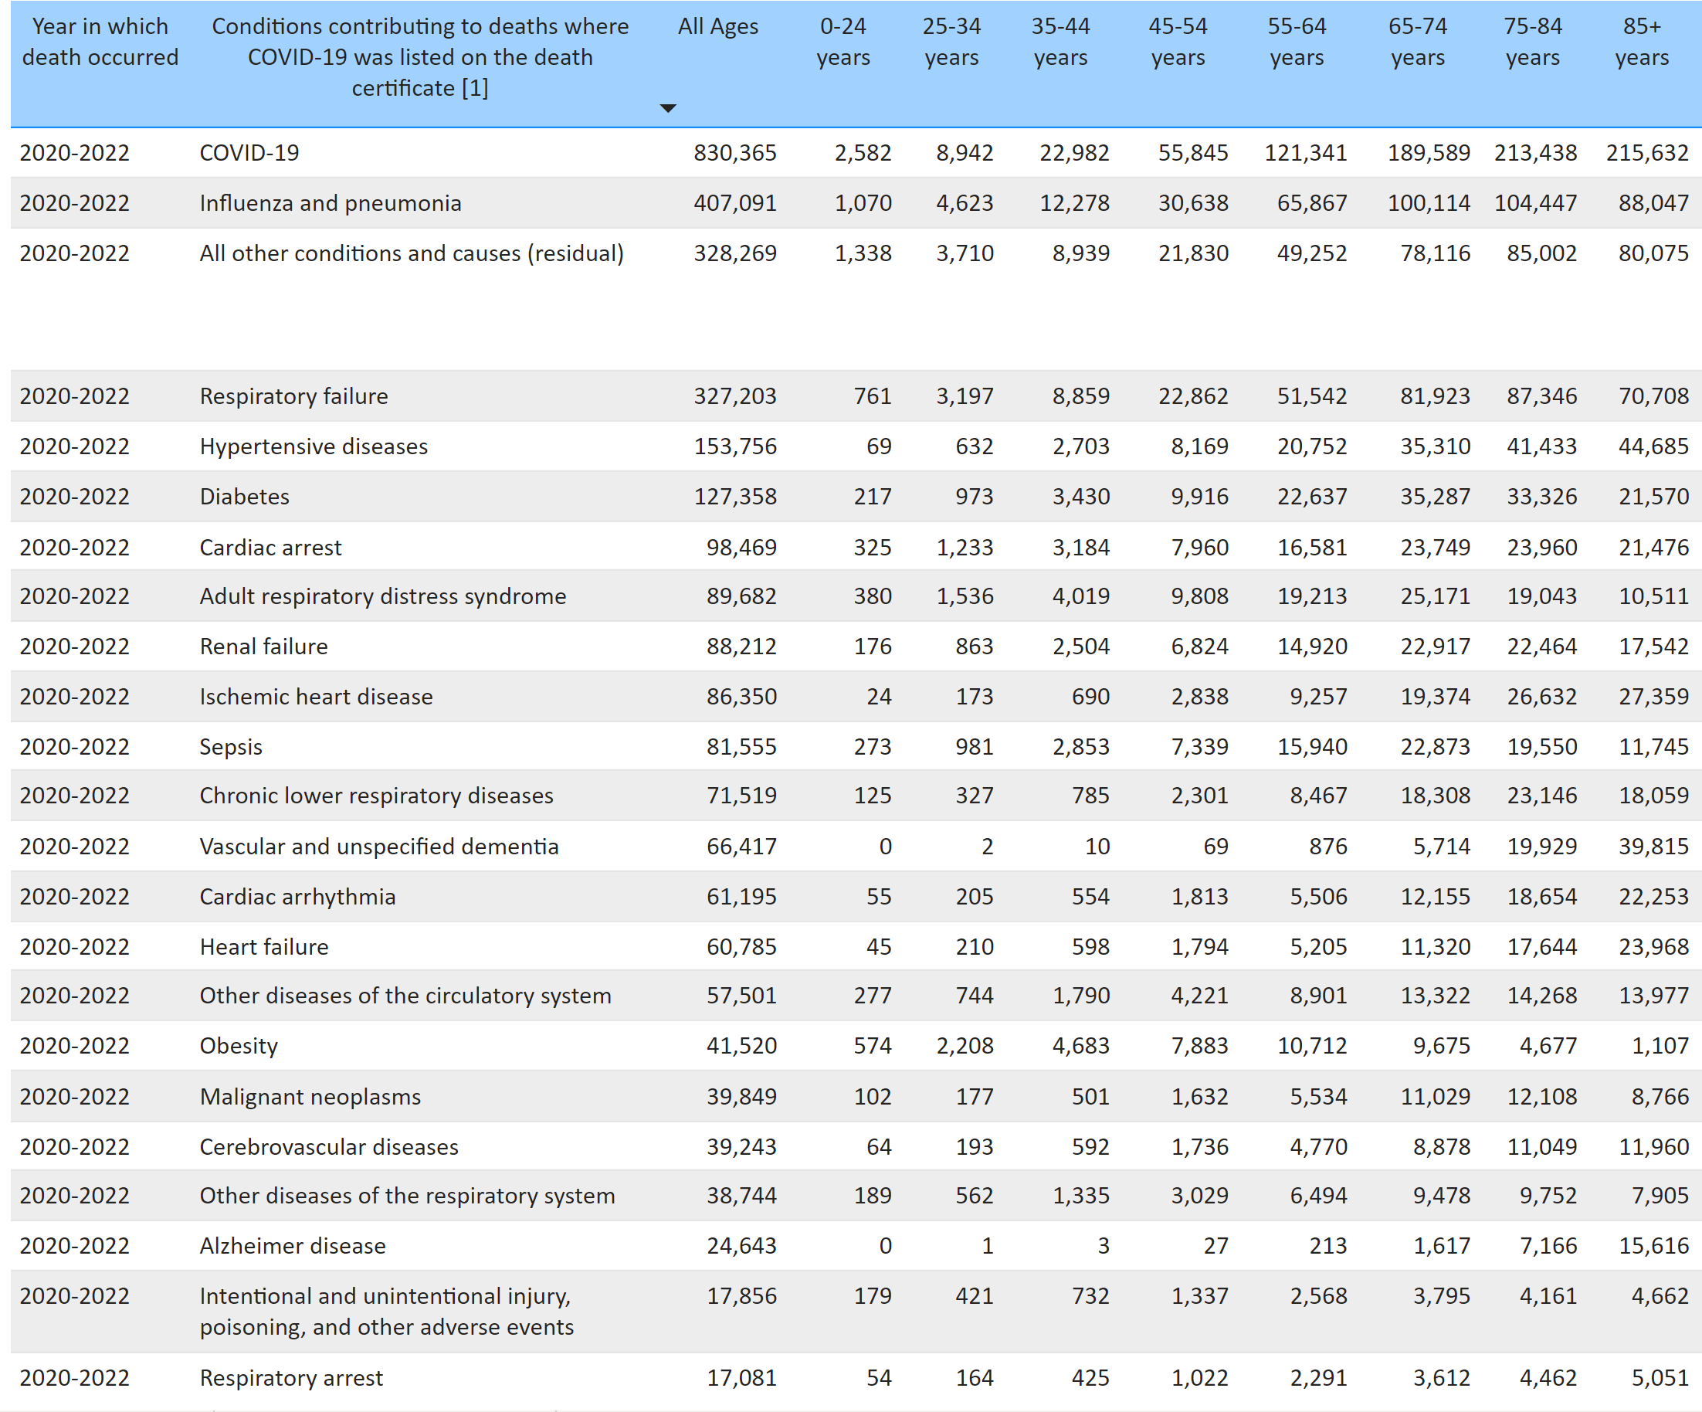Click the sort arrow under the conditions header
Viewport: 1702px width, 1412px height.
[x=668, y=108]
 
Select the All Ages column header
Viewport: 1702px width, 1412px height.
[x=718, y=27]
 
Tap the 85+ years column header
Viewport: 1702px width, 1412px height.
[x=1641, y=42]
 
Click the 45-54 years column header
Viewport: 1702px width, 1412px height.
[x=1178, y=42]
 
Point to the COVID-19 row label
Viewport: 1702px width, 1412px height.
[x=249, y=152]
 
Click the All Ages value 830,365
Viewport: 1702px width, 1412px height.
[x=734, y=152]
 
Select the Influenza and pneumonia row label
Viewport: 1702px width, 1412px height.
[x=331, y=202]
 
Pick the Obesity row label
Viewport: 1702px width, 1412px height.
[x=239, y=1046]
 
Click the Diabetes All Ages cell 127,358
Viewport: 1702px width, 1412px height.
[x=734, y=496]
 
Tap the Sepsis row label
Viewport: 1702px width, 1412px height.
[x=231, y=746]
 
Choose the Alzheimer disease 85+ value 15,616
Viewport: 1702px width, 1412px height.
[x=1653, y=1245]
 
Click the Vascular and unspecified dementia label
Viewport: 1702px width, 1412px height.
[x=379, y=847]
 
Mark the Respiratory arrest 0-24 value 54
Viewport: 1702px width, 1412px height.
[x=879, y=1377]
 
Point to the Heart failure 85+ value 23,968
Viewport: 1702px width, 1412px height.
[x=1653, y=947]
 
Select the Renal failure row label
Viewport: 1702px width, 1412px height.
[x=264, y=646]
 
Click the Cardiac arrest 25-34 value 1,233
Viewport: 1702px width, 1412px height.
[x=965, y=547]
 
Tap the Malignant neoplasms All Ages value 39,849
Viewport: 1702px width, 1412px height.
[x=741, y=1096]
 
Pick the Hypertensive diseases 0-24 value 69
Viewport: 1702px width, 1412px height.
[x=879, y=446]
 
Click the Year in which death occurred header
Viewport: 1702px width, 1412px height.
[x=100, y=42]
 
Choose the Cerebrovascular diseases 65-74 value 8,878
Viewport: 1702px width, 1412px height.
[x=1441, y=1146]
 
